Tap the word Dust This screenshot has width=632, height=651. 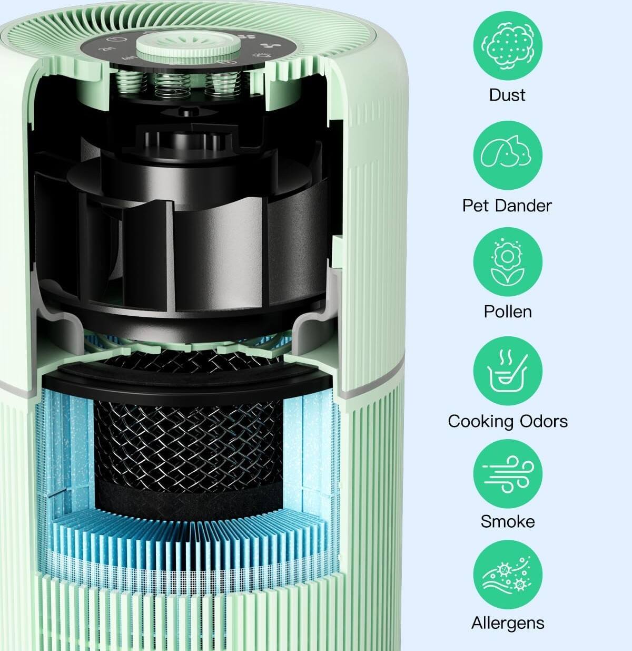pyautogui.click(x=507, y=95)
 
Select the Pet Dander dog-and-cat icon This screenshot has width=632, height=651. pyautogui.click(x=507, y=154)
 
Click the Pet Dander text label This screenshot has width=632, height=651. pyautogui.click(x=507, y=205)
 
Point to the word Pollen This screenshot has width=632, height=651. pyautogui.click(x=508, y=311)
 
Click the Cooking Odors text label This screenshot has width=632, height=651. pyautogui.click(x=508, y=421)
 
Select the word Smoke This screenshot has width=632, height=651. pyautogui.click(x=508, y=521)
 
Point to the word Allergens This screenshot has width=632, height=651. pyautogui.click(x=508, y=623)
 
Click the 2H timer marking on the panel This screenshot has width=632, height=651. pyautogui.click(x=109, y=51)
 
